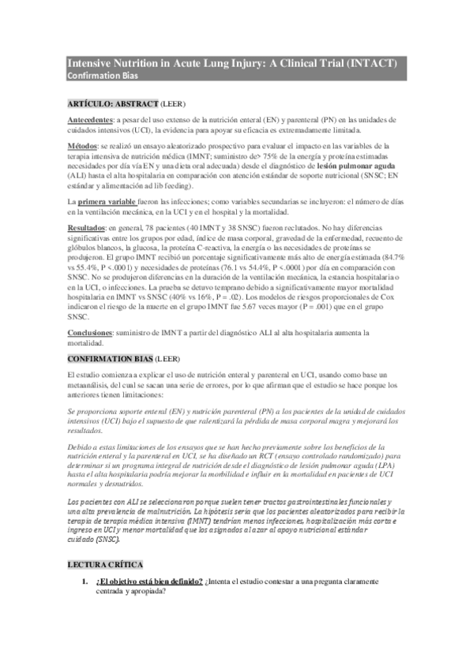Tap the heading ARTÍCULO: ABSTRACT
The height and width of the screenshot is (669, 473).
click(x=112, y=103)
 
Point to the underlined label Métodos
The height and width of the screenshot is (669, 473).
click(x=81, y=145)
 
